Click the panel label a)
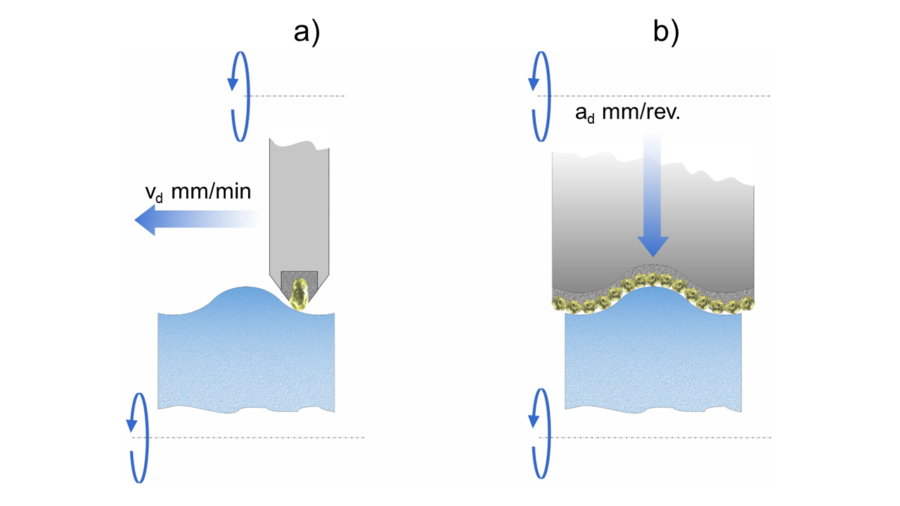(307, 32)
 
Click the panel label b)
(665, 32)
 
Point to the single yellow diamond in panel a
(300, 294)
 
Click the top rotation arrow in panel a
(239, 96)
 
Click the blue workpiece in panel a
(246, 358)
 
